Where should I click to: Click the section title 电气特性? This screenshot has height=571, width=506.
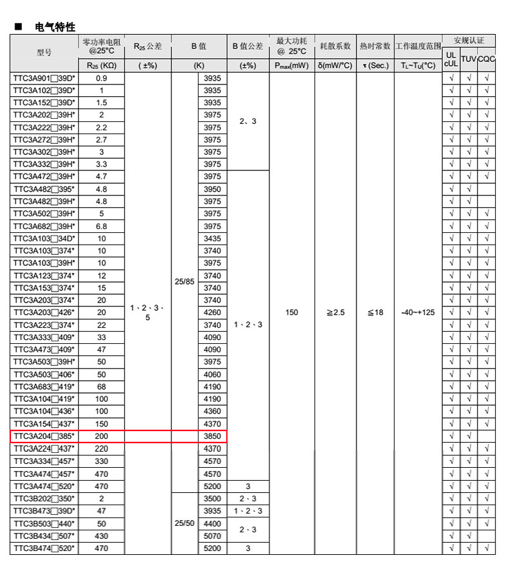pyautogui.click(x=55, y=27)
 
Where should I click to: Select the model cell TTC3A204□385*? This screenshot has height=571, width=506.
pyautogui.click(x=44, y=436)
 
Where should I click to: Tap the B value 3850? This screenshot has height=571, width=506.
pyautogui.click(x=212, y=436)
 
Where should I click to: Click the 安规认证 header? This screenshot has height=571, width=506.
pyautogui.click(x=469, y=40)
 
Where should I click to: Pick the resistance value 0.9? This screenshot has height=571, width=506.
pyautogui.click(x=101, y=78)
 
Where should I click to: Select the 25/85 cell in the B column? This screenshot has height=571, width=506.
pyautogui.click(x=184, y=282)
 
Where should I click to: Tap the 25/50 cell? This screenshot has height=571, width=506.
pyautogui.click(x=184, y=523)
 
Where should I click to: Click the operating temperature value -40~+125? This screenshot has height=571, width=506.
pyautogui.click(x=418, y=312)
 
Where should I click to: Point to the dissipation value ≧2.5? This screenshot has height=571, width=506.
pyautogui.click(x=335, y=312)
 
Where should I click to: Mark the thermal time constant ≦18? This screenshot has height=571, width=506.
pyautogui.click(x=375, y=312)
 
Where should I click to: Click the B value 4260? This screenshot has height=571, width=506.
pyautogui.click(x=212, y=312)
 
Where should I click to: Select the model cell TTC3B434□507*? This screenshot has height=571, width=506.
pyautogui.click(x=44, y=536)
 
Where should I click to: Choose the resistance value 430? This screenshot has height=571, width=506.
pyautogui.click(x=101, y=536)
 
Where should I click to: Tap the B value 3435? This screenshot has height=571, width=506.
pyautogui.click(x=212, y=239)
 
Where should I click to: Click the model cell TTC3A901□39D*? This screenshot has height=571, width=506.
pyautogui.click(x=44, y=78)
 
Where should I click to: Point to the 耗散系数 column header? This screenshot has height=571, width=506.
pyautogui.click(x=335, y=46)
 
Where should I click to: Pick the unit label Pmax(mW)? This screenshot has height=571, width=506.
pyautogui.click(x=292, y=65)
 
